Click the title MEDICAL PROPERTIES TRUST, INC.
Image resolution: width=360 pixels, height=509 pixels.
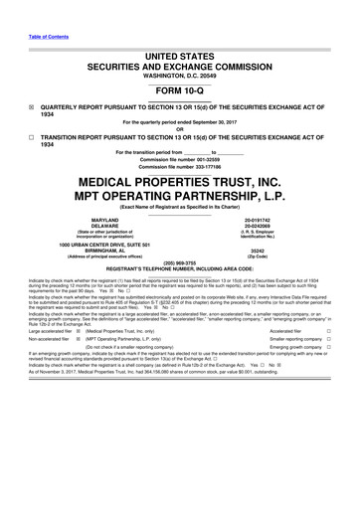pyautogui.click(x=179, y=182)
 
